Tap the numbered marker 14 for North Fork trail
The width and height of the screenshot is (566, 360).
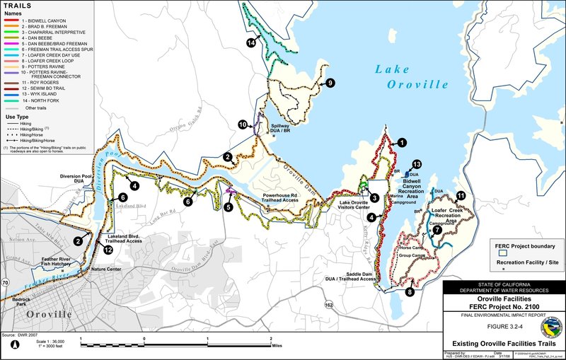click(250, 43)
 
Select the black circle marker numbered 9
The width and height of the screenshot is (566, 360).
click(330, 83)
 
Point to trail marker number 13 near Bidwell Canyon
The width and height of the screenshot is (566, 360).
click(417, 164)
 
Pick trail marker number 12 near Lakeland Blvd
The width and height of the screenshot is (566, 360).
click(108, 250)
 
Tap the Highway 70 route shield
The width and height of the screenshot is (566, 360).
click(6, 283)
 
